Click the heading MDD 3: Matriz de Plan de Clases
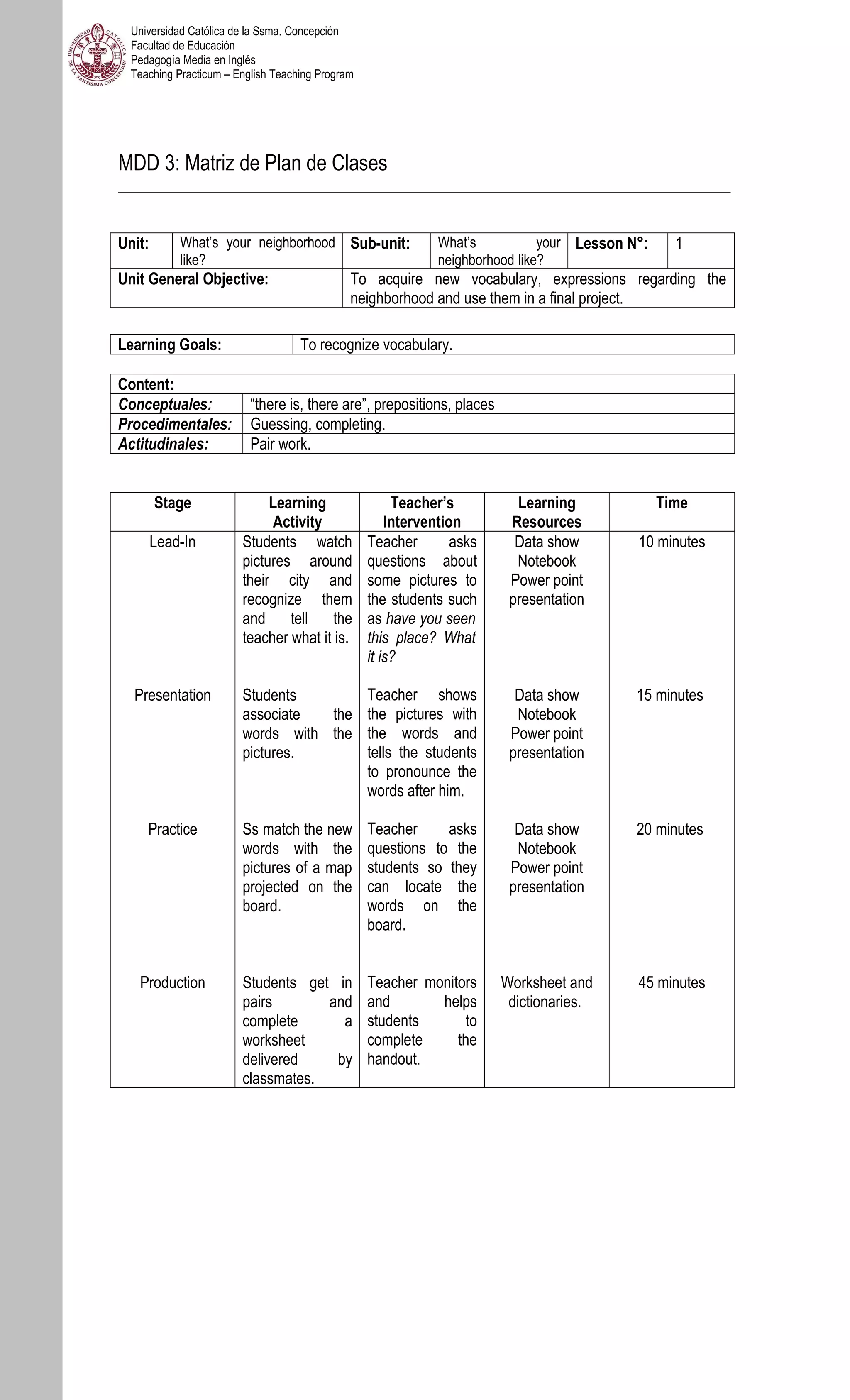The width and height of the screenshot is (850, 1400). point(252,163)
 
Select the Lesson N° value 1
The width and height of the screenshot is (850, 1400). point(679,243)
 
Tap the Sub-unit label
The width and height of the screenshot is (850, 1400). point(379,243)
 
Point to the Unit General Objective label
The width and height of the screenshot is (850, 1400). point(193,279)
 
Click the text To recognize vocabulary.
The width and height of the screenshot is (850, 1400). point(376,345)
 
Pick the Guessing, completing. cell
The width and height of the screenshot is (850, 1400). point(318,424)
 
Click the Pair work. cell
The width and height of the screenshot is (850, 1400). point(281,444)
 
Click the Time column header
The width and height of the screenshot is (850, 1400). point(671,503)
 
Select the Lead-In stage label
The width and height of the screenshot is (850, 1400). point(172,542)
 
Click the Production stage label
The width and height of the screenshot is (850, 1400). point(172,982)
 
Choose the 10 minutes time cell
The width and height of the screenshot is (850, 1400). point(671,542)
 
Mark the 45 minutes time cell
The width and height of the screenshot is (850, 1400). point(671,982)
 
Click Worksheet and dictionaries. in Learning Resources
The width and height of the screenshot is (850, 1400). point(546,992)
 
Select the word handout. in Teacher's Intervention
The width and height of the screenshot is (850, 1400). point(393,1059)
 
